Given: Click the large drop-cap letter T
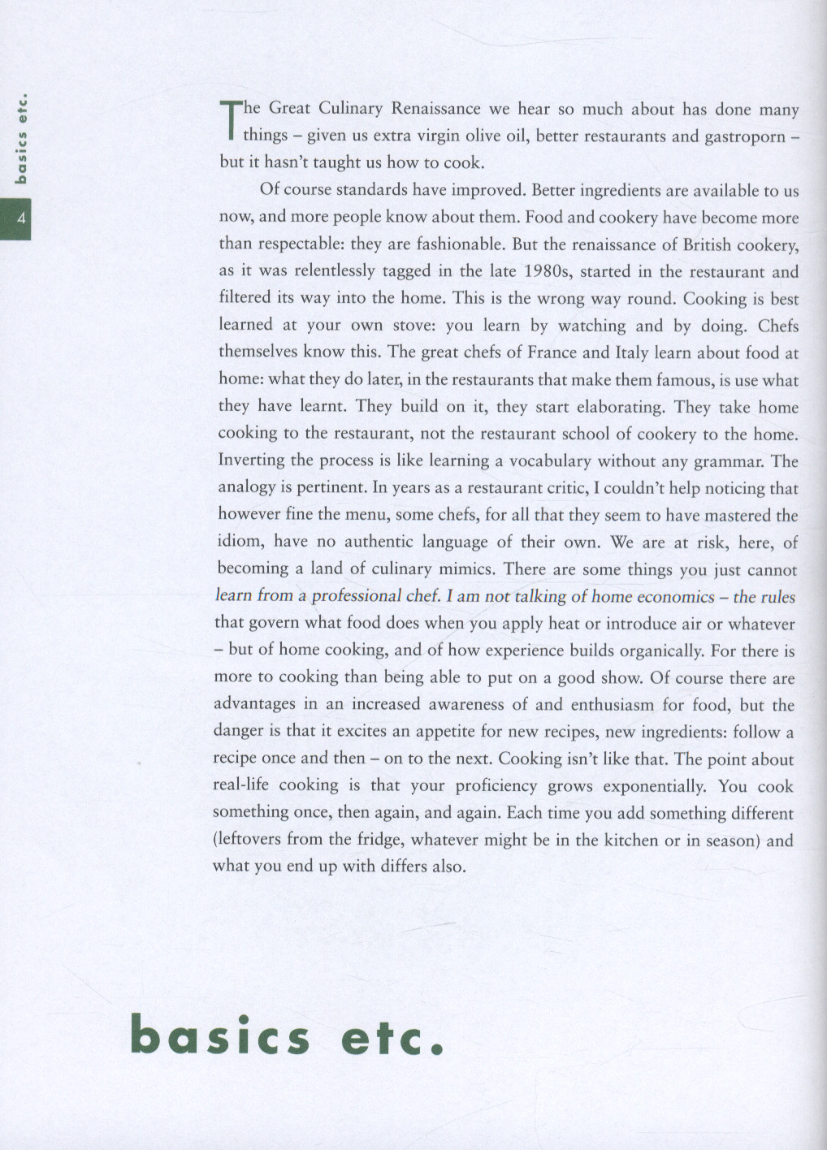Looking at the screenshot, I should (230, 119).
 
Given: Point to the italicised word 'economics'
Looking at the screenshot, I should (665, 596).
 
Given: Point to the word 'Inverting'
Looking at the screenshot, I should (251, 460).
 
